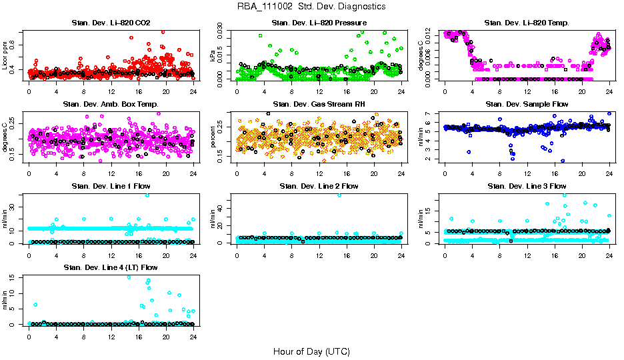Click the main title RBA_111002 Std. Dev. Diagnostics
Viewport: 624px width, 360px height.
click(x=311, y=7)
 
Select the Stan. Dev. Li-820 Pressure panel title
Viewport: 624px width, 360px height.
click(x=319, y=23)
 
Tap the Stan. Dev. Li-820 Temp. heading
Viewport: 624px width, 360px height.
click(x=527, y=23)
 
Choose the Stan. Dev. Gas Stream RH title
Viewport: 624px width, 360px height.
click(x=319, y=105)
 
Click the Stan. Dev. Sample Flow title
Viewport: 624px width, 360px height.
click(x=527, y=105)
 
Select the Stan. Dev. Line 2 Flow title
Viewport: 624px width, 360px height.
click(x=319, y=186)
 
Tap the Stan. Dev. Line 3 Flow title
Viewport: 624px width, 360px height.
click(x=527, y=186)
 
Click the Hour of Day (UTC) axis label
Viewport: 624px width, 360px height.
click(x=311, y=351)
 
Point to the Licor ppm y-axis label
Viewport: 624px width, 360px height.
click(x=5, y=55)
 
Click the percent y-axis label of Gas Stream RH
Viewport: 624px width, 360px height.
click(x=213, y=137)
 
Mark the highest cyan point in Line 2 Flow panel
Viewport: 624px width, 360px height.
click(x=339, y=195)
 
